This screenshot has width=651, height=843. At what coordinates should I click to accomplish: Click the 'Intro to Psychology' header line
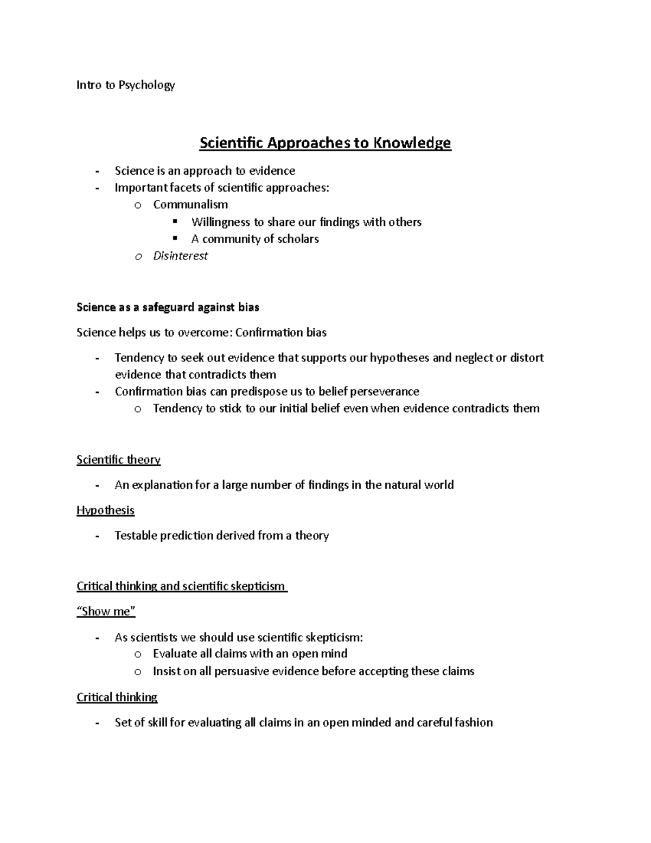click(x=125, y=85)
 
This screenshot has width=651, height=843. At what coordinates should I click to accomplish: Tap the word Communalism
click(x=190, y=205)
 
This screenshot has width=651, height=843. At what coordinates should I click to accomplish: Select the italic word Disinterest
click(x=180, y=256)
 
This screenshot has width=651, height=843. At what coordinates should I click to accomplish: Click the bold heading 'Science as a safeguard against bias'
click(x=168, y=307)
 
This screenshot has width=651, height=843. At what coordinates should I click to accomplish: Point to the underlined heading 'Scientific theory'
click(x=118, y=460)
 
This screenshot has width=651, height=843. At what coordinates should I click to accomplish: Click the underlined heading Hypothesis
click(x=105, y=510)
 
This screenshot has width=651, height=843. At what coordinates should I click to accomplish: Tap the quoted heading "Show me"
click(x=106, y=611)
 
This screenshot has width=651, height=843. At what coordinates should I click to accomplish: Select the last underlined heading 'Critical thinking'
click(x=117, y=697)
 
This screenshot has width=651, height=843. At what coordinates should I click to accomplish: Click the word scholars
click(x=298, y=239)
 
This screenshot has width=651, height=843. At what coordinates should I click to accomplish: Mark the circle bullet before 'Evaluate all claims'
click(x=138, y=655)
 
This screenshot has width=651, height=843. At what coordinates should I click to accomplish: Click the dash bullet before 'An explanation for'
click(x=97, y=485)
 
